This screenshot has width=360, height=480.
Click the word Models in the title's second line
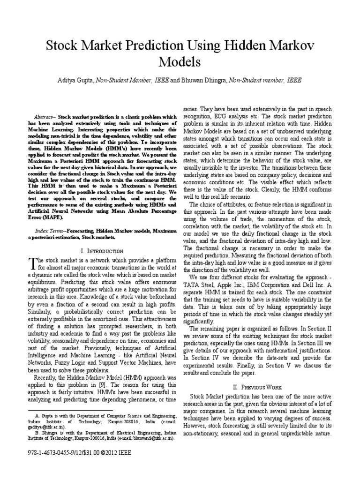(180, 62)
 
